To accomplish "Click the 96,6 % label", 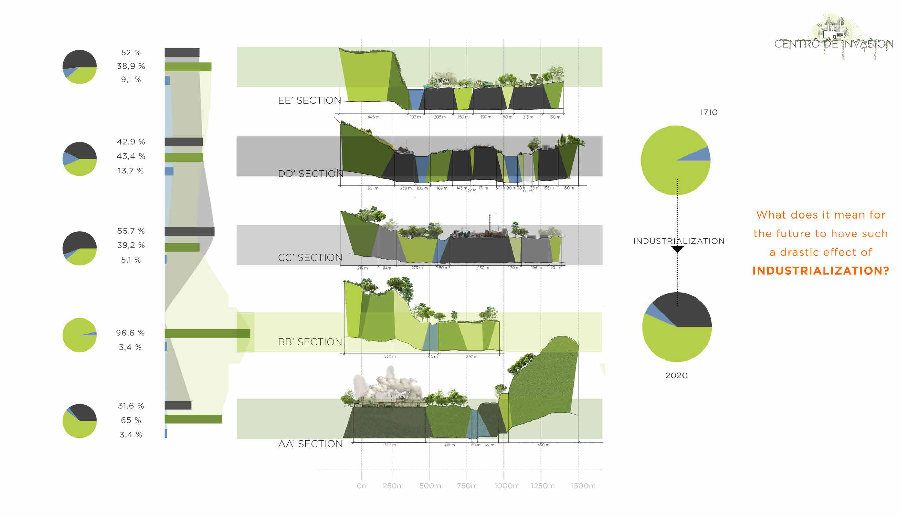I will [130, 333].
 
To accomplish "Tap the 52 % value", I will [131, 53].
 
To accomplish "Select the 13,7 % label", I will [130, 171].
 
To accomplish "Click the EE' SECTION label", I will [309, 101].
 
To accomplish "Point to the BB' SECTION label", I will [310, 342].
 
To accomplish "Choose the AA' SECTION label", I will [310, 444].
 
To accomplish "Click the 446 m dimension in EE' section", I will [373, 117].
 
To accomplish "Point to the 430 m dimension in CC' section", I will [483, 268].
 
